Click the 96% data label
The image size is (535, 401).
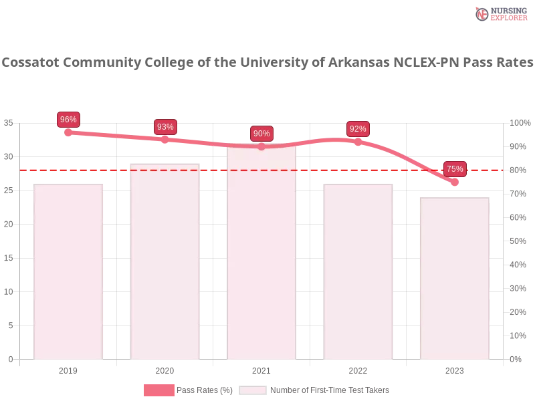pyautogui.click(x=68, y=120)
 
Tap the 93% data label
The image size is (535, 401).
pyautogui.click(x=165, y=127)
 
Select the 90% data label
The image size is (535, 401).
pyautogui.click(x=261, y=134)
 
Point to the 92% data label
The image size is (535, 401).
pyautogui.click(x=358, y=129)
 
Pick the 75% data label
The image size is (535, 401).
pyautogui.click(x=455, y=169)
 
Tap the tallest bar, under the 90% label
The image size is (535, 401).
pyautogui.click(x=261, y=254)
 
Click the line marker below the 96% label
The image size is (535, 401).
pyautogui.click(x=68, y=132)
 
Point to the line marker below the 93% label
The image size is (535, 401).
pyautogui.click(x=165, y=139)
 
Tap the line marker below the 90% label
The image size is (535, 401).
pyautogui.click(x=261, y=146)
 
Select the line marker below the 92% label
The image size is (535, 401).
pyautogui.click(x=358, y=141)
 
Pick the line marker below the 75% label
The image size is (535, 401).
pyautogui.click(x=455, y=182)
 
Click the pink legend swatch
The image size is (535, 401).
pyautogui.click(x=158, y=390)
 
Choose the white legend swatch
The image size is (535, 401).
pyautogui.click(x=253, y=390)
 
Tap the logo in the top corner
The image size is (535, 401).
pyautogui.click(x=500, y=13)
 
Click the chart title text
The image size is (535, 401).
pyautogui.click(x=267, y=63)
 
